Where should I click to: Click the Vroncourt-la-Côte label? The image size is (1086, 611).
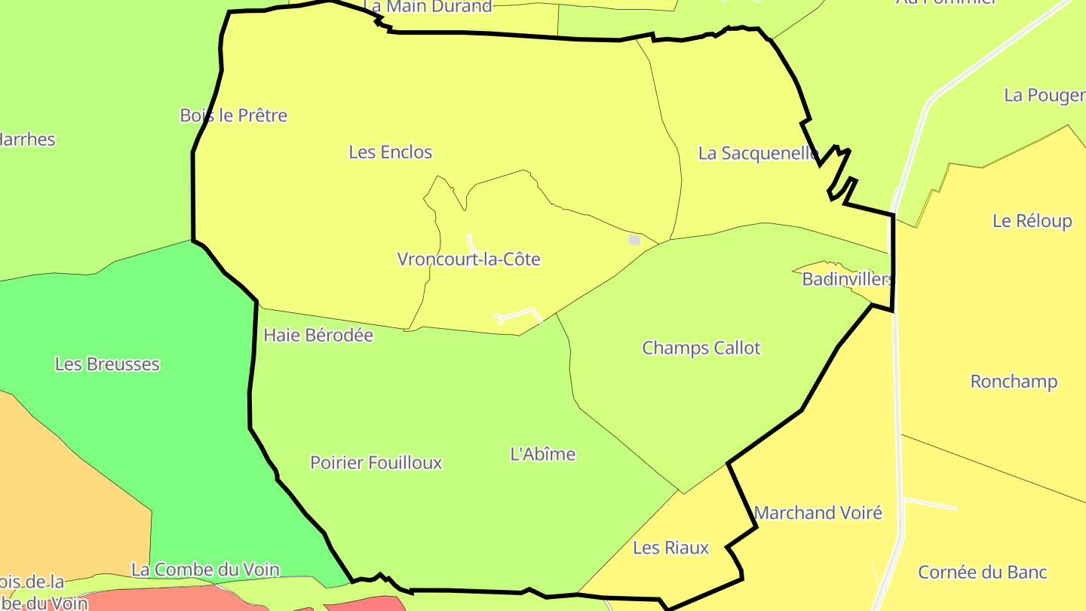pos(469,259)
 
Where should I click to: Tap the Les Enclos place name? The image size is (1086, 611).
pos(390,152)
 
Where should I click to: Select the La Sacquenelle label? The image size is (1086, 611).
pos(758,154)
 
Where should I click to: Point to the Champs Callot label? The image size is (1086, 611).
pos(701,348)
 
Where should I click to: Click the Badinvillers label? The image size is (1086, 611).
pos(847,279)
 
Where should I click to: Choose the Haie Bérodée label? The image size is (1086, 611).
pos(318,335)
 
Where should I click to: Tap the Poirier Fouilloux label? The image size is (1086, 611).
pos(376,463)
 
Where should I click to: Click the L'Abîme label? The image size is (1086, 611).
pos(543,454)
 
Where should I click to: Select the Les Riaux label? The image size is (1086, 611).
pos(670,548)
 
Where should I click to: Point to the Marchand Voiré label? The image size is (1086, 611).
pos(818,513)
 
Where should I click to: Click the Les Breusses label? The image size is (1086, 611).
pos(107,364)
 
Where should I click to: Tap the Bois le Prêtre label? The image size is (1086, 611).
pos(233,115)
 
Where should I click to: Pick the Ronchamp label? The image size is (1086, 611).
pos(1014,382)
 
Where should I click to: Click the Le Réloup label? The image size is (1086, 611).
pos(1032,221)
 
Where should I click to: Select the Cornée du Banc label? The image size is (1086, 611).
pos(982,573)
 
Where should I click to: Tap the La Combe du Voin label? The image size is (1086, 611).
pos(205,570)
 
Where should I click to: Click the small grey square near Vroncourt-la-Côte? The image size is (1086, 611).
pos(634,240)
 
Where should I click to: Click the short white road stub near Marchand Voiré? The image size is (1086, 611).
pos(930,503)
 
